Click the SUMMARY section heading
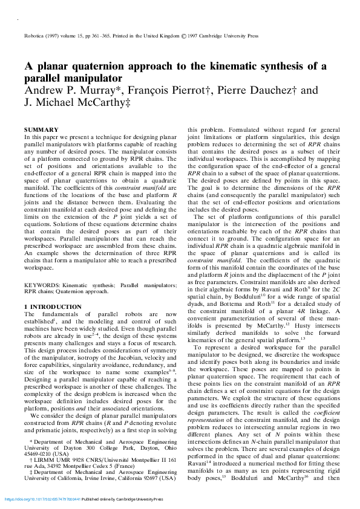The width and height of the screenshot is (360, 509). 41,129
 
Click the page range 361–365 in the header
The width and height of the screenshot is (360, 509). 88,36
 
